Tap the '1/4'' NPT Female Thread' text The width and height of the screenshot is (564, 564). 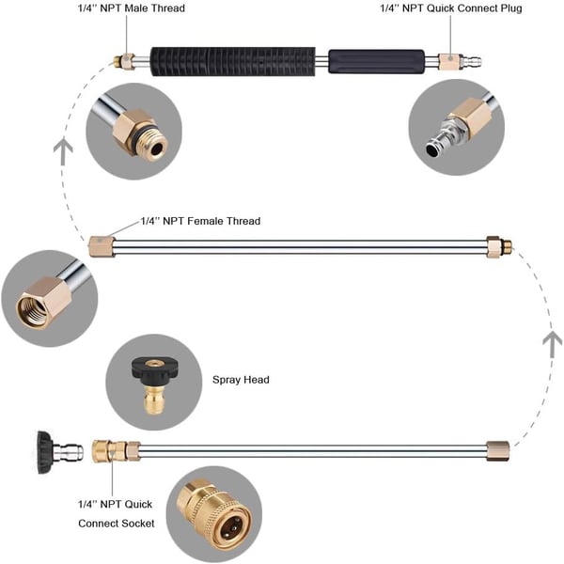click(199, 221)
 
